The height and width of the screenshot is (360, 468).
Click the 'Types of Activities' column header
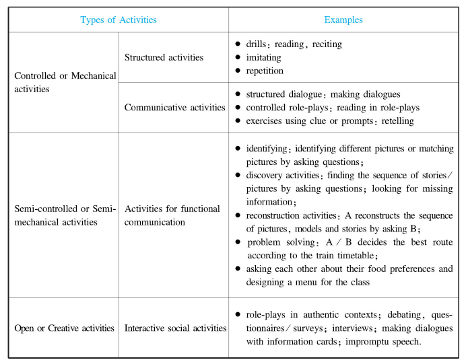[x=119, y=20]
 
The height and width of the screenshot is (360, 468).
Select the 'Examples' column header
[x=343, y=20]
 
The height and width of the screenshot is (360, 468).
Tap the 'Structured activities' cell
[x=164, y=57]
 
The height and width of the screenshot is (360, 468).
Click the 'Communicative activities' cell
[x=175, y=107]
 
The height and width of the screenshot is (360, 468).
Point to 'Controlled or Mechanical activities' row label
[x=65, y=82]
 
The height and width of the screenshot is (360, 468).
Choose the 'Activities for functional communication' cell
[x=172, y=215]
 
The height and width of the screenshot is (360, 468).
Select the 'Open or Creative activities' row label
[x=65, y=328]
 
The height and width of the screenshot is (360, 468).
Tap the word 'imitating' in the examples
[x=264, y=57]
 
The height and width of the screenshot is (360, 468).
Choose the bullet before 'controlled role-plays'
[x=238, y=108]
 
